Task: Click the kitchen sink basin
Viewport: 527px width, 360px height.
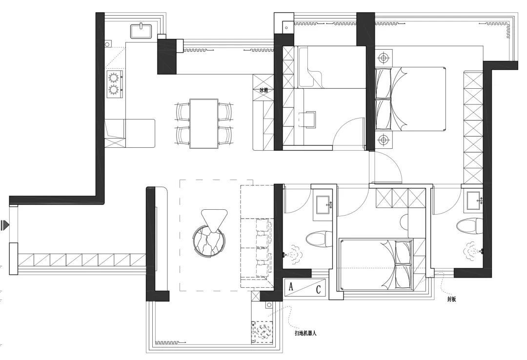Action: tap(141, 31)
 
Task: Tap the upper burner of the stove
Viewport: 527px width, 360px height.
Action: tap(114, 78)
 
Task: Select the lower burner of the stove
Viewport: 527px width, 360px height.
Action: tap(114, 90)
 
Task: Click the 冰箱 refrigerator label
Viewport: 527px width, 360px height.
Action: tap(264, 90)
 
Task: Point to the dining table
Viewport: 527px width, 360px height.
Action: tap(203, 123)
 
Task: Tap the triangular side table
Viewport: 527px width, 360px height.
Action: tap(214, 220)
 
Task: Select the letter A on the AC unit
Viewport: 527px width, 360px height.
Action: tap(291, 286)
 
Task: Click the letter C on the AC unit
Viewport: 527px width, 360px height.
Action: tap(318, 289)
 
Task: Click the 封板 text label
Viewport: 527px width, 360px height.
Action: tap(451, 299)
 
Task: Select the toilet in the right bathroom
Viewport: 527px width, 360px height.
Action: tap(469, 226)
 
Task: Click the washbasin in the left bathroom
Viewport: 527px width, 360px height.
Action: tap(324, 204)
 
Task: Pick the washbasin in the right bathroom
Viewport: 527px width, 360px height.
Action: tap(474, 200)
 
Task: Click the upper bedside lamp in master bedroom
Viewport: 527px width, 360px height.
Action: tap(384, 58)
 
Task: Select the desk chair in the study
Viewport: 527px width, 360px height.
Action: tap(307, 119)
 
